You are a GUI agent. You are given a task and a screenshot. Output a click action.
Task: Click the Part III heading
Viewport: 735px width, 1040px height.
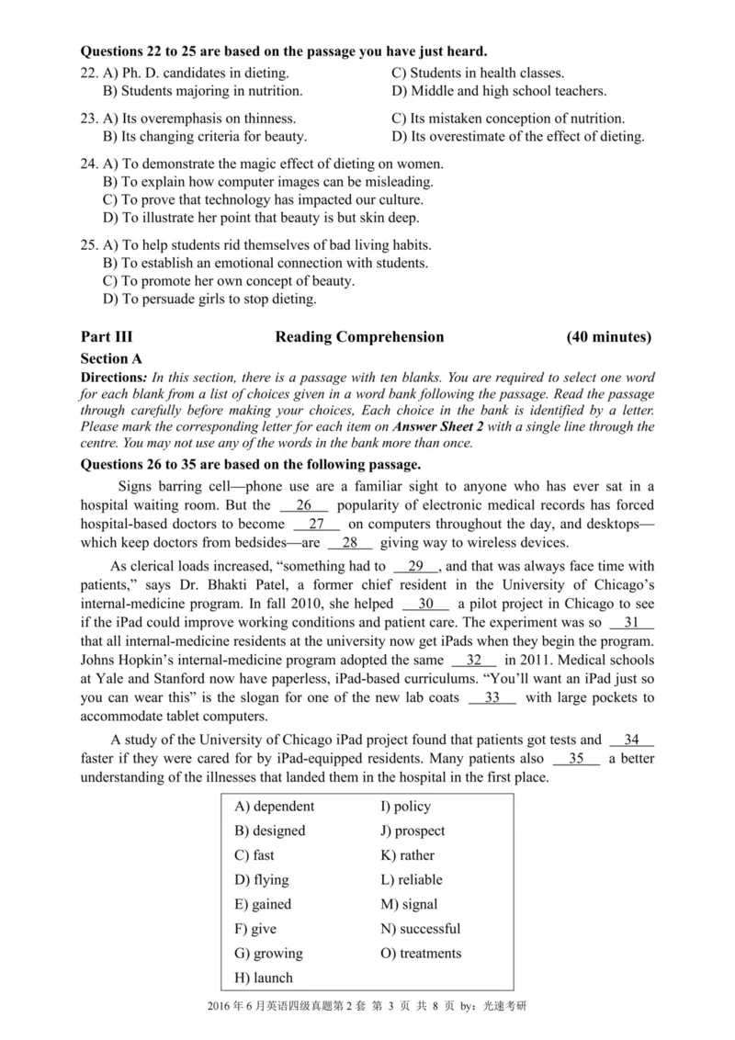click(x=107, y=337)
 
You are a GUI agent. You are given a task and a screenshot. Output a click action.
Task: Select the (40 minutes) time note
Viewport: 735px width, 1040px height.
click(x=609, y=337)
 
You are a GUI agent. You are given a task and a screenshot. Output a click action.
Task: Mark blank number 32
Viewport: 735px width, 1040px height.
click(x=474, y=661)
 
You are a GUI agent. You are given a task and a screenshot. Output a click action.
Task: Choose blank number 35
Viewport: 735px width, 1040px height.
click(x=576, y=759)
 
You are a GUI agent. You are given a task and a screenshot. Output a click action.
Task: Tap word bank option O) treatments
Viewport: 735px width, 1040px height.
click(x=421, y=954)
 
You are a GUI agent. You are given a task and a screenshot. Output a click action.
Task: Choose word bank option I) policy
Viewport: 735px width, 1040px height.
click(x=405, y=807)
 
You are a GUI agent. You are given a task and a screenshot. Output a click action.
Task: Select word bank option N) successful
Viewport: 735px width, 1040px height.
click(x=420, y=929)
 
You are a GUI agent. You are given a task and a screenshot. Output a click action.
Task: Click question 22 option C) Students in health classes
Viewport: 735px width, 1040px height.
click(x=478, y=73)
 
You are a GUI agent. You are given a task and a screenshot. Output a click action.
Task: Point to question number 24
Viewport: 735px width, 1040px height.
click(x=89, y=164)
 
